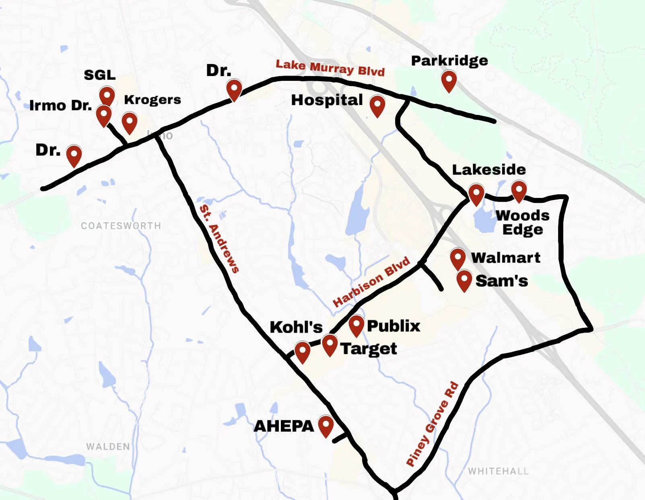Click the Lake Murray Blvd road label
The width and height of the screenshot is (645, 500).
tap(330, 68)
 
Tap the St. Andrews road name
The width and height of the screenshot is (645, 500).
tap(219, 239)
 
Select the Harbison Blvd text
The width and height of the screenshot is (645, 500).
tap(371, 281)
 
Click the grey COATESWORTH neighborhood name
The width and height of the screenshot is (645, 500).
tap(121, 226)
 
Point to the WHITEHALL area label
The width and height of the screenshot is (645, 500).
tap(498, 471)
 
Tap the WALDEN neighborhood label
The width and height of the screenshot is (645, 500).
tap(108, 447)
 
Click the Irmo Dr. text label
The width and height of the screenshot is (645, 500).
tap(60, 105)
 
